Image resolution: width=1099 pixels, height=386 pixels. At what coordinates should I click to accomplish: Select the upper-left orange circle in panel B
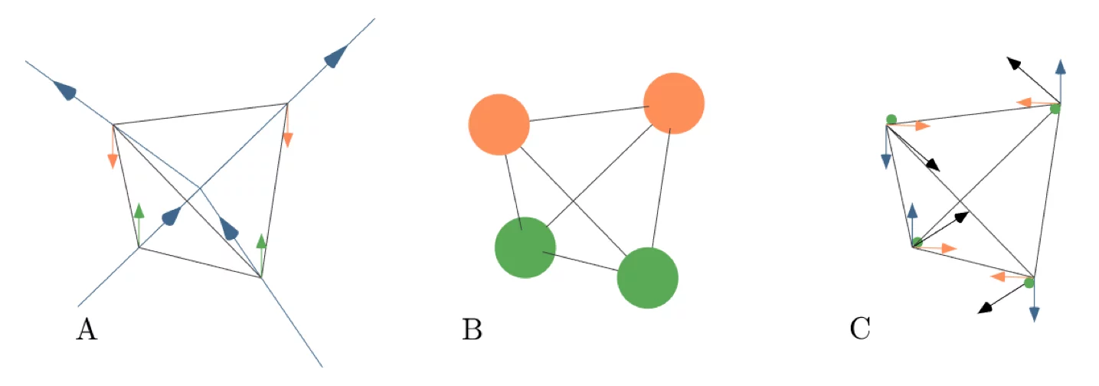click(499, 124)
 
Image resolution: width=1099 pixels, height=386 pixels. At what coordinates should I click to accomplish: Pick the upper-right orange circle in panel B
click(674, 103)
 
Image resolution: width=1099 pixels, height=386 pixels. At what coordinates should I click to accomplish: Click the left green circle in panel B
click(525, 247)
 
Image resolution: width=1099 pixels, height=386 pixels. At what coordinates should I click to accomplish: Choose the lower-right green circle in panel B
click(647, 277)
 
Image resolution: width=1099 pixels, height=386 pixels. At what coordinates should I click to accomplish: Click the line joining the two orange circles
click(586, 114)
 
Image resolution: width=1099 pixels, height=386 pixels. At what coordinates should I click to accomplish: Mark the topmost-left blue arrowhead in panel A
click(67, 91)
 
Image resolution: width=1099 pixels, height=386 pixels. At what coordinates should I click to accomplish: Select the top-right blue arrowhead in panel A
click(336, 56)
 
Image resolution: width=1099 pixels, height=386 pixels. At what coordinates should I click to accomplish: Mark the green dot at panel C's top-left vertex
click(891, 119)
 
